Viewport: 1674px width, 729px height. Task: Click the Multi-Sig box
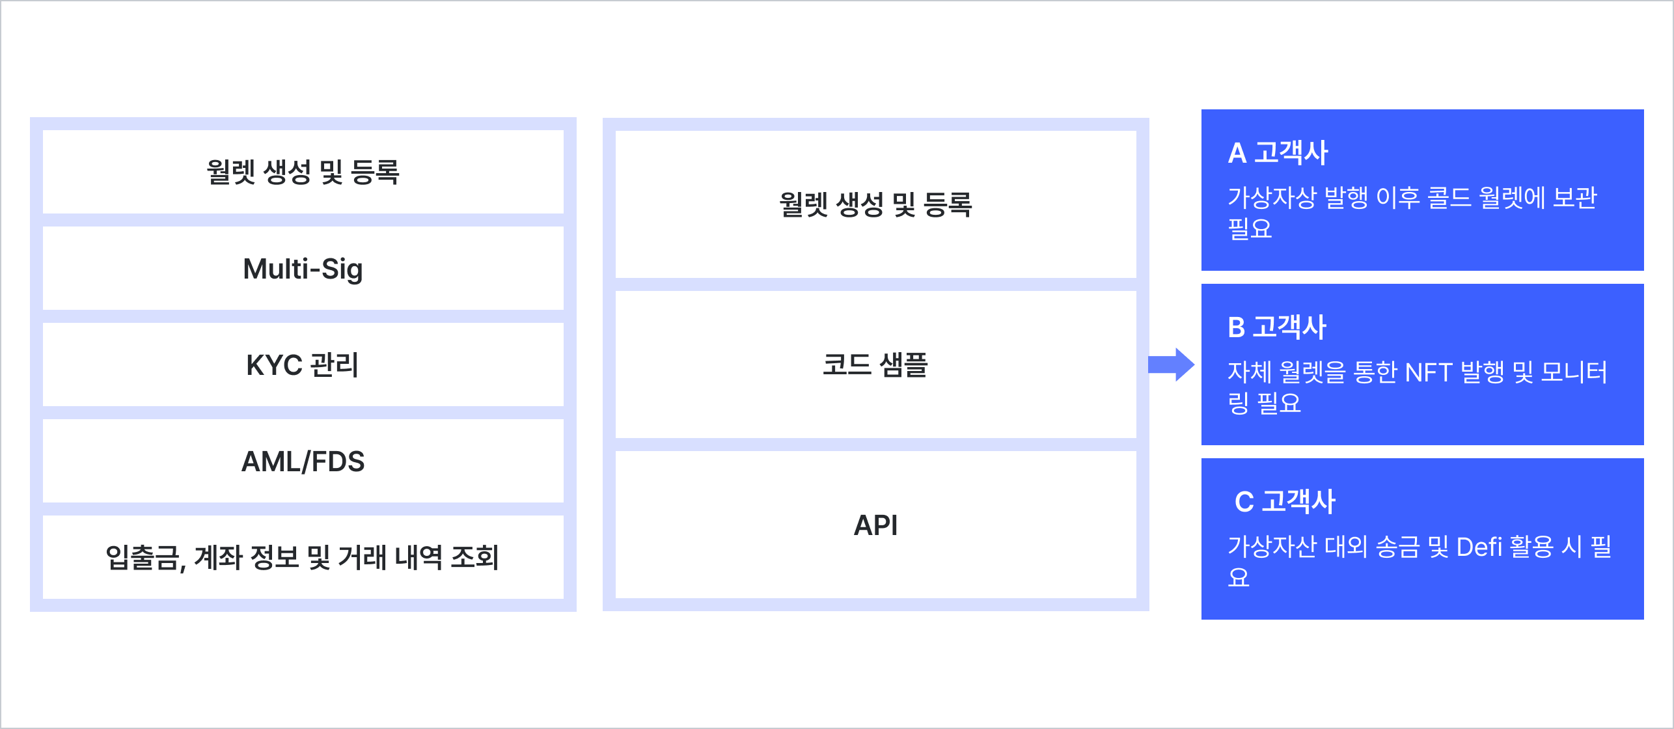point(303,269)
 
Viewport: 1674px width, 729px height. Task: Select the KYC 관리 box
point(303,364)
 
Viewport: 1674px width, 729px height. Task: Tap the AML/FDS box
point(303,461)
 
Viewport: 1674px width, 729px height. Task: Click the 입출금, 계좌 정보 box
point(303,557)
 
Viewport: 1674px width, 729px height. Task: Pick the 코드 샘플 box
point(875,364)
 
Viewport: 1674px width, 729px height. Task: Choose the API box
point(875,525)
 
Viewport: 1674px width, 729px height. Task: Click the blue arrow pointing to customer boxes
point(1171,364)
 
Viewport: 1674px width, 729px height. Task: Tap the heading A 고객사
point(1277,153)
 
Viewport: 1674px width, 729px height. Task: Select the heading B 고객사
point(1276,327)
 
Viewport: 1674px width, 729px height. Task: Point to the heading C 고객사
point(1285,502)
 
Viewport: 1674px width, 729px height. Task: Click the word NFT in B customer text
point(1428,373)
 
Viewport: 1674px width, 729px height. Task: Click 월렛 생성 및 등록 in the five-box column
point(303,172)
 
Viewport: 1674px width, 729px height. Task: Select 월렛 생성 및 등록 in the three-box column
point(875,204)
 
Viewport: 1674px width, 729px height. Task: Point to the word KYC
point(274,365)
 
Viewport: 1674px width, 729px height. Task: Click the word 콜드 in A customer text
point(1449,198)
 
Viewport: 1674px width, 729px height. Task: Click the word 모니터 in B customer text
point(1574,373)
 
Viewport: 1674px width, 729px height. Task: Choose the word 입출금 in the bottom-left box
point(143,558)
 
